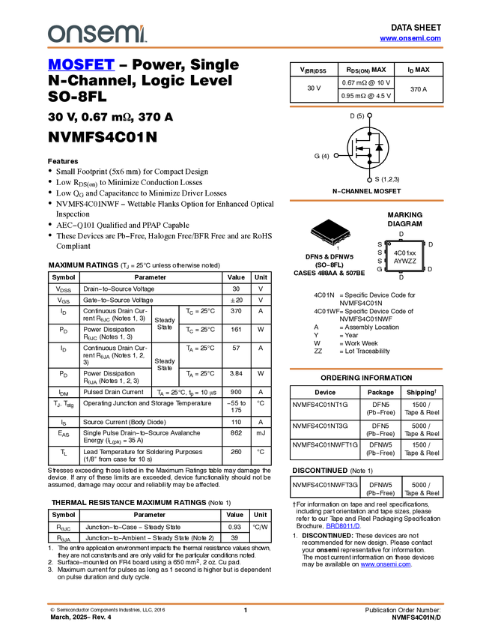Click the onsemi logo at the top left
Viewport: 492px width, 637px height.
click(x=97, y=34)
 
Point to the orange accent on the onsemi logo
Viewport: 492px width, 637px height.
click(x=145, y=28)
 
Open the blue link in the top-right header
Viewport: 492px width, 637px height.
click(x=410, y=38)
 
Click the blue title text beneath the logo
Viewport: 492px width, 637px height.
click(x=81, y=64)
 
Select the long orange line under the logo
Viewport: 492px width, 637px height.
click(x=245, y=48)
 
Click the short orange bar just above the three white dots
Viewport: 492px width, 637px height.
click(x=366, y=107)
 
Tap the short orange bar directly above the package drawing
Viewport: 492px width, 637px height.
click(x=366, y=201)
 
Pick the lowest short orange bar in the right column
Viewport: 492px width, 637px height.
click(x=366, y=369)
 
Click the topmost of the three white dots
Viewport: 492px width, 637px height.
click(x=370, y=115)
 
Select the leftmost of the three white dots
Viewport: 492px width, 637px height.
click(x=335, y=155)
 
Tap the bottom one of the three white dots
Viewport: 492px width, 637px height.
click(x=370, y=180)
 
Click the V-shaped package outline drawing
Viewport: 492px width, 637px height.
click(x=331, y=237)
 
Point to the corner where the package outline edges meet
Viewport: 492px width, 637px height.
click(x=332, y=241)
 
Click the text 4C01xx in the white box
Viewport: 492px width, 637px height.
click(x=404, y=253)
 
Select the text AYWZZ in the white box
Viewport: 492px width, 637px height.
click(x=404, y=262)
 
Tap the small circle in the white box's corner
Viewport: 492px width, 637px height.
click(x=389, y=244)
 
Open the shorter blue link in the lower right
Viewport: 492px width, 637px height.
click(x=343, y=526)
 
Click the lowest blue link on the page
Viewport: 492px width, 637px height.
click(x=386, y=565)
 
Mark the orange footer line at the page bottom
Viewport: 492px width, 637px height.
click(x=245, y=603)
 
